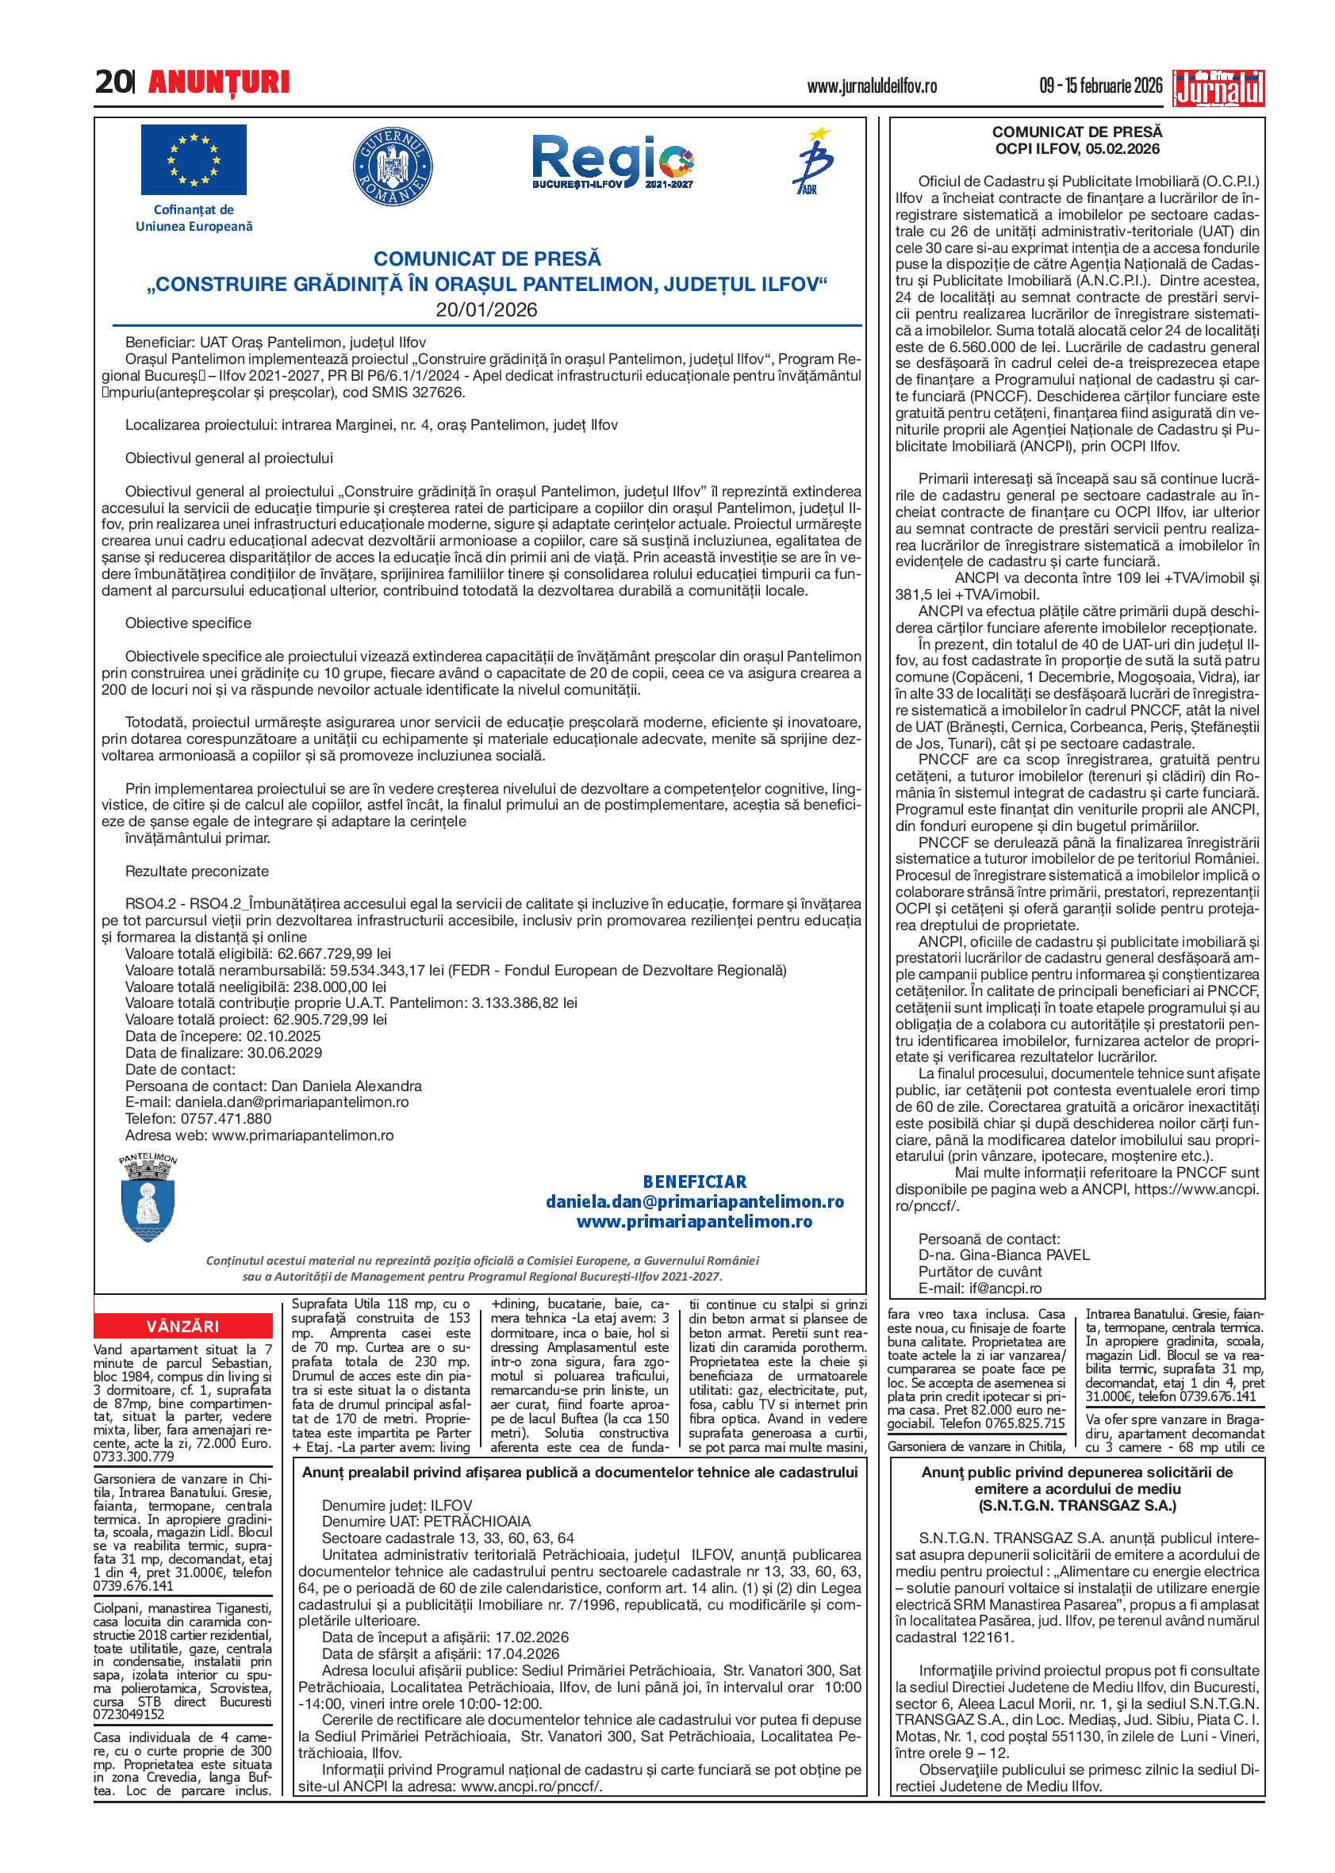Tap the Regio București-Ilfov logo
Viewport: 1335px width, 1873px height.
tap(612, 163)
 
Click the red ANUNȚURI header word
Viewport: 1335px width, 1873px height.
tap(219, 82)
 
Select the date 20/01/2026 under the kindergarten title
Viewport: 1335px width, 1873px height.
tap(487, 310)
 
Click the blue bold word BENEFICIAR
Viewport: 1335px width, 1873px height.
tap(695, 1182)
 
